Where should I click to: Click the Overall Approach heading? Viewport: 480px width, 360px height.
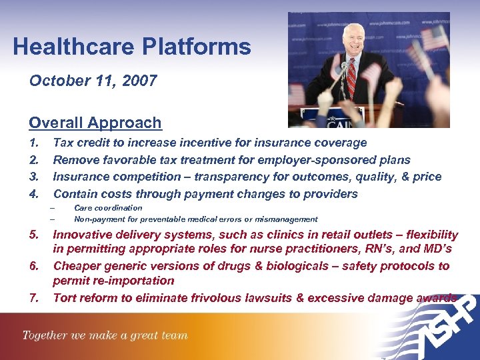95,123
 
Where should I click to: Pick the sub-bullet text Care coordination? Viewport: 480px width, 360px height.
108,208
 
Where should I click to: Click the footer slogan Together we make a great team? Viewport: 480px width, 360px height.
105,335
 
